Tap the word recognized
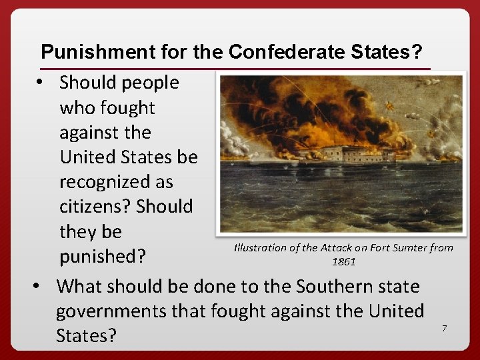(116, 181)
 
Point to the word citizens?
(95, 206)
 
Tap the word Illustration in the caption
(261, 248)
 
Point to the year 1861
(343, 261)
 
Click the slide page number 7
(444, 328)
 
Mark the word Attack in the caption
(335, 248)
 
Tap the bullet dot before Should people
(41, 83)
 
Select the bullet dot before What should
(38, 287)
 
